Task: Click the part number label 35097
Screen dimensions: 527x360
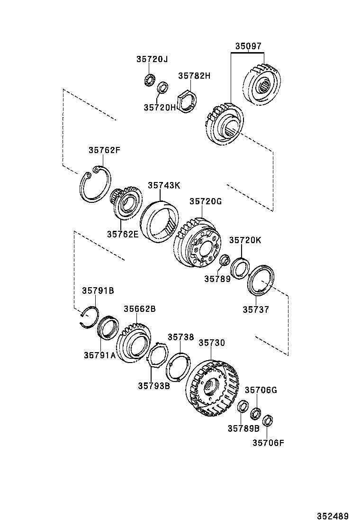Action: (248, 46)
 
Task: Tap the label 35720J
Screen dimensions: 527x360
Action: (152, 59)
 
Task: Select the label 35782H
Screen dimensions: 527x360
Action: (194, 76)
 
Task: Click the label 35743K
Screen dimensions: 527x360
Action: (163, 185)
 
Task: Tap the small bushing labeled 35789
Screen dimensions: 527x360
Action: (225, 260)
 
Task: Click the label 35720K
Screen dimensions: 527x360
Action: (245, 240)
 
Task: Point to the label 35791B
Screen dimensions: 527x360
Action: (98, 291)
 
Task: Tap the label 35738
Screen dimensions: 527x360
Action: (180, 337)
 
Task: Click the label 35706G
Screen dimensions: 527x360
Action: (261, 390)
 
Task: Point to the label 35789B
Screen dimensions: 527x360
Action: (243, 428)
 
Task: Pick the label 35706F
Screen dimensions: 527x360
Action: (268, 443)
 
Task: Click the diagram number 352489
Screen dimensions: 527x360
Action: (333, 516)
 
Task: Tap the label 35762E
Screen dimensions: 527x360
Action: (122, 234)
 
